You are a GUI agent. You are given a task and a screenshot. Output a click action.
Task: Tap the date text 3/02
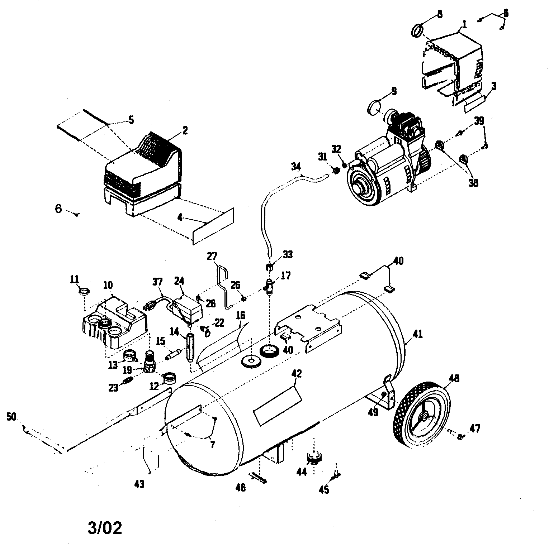click(105, 528)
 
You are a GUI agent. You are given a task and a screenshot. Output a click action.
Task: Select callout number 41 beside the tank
click(417, 334)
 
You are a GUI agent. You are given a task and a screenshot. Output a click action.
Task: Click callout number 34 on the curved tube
click(296, 167)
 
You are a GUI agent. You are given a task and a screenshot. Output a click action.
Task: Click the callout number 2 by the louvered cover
click(185, 130)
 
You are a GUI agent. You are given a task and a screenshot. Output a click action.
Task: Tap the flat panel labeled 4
click(213, 226)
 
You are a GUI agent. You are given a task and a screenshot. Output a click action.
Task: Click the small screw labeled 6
click(76, 214)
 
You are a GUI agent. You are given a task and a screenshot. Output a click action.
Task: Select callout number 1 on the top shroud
click(464, 24)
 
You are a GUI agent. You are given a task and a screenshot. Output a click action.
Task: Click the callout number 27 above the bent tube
click(212, 257)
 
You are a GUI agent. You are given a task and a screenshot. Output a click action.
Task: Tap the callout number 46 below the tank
click(240, 488)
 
